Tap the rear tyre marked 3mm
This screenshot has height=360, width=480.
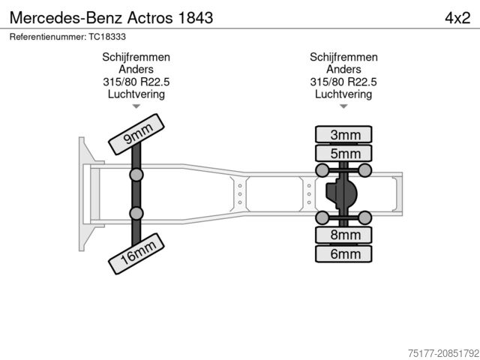pyautogui.click(x=345, y=135)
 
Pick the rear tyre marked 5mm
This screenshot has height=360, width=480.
pyautogui.click(x=345, y=154)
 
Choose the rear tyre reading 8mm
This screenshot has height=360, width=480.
pyautogui.click(x=345, y=235)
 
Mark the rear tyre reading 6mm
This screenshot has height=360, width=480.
pyautogui.click(x=345, y=253)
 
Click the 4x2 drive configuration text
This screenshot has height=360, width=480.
pyautogui.click(x=457, y=17)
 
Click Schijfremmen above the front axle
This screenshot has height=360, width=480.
pyautogui.click(x=136, y=58)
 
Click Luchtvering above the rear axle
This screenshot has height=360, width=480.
pyautogui.click(x=343, y=94)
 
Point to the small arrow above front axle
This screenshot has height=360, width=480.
pyautogui.click(x=136, y=106)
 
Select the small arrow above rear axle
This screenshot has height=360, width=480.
pyautogui.click(x=343, y=106)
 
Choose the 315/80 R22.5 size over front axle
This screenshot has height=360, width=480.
pyautogui.click(x=136, y=82)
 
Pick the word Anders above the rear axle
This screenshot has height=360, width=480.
pyautogui.click(x=343, y=70)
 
